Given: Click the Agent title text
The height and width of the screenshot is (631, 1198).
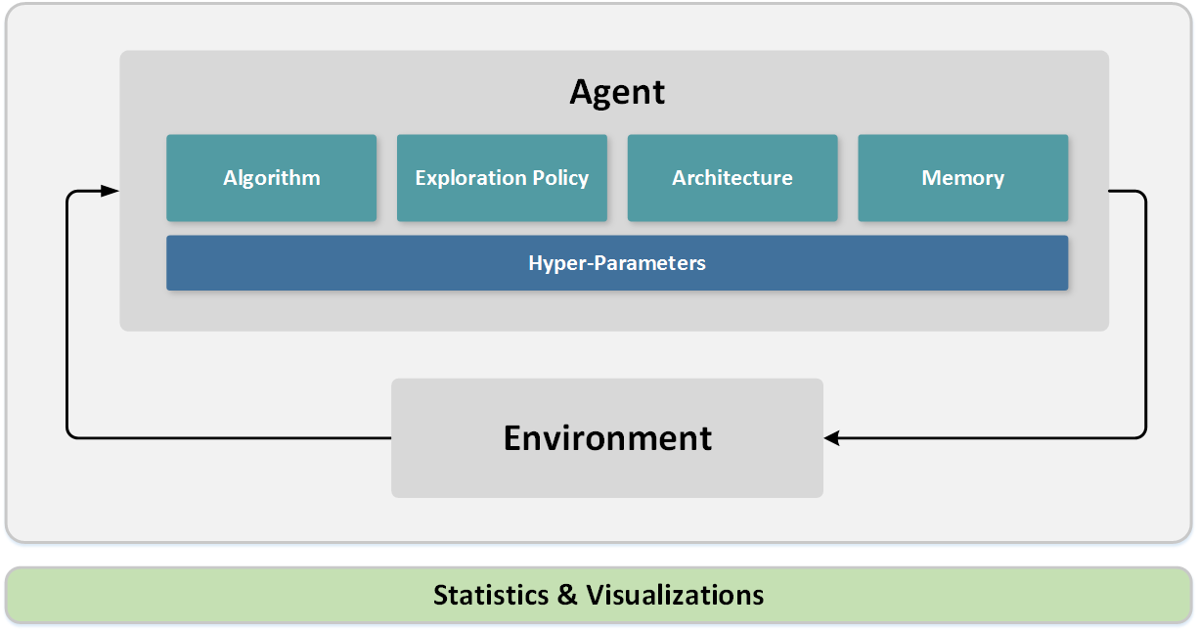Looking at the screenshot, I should [617, 92].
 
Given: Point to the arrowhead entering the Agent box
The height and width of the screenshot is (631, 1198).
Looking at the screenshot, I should [111, 192].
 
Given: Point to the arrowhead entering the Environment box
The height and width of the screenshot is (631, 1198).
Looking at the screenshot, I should [832, 437].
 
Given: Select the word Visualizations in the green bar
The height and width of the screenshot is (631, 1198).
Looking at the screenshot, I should [675, 595].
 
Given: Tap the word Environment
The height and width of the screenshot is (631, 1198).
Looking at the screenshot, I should [607, 437].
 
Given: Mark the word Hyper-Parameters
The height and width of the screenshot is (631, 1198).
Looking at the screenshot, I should [617, 263].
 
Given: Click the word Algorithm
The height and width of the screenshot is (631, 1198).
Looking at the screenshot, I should [271, 178].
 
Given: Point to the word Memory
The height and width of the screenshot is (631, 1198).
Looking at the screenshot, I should [963, 178].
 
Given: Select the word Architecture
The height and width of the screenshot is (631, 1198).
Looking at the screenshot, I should [732, 178].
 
